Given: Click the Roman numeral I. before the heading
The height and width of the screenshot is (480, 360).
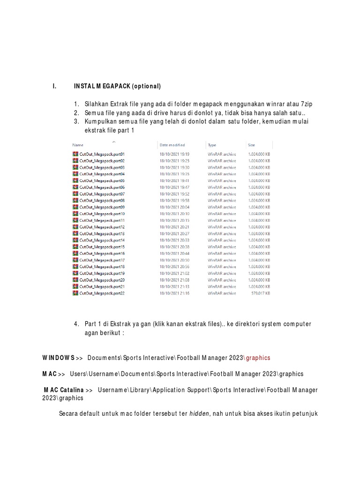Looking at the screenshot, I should point(54,86).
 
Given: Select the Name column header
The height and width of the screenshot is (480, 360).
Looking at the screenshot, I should point(78,145).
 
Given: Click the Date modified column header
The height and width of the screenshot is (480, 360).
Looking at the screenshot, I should point(172,145).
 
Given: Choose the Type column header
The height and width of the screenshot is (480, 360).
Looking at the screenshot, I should point(212,145).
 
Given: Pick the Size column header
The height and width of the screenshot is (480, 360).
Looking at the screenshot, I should point(251,145).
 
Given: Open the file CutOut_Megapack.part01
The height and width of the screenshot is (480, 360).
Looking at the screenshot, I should point(102,154).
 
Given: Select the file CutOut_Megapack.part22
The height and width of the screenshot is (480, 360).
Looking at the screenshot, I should point(102,293).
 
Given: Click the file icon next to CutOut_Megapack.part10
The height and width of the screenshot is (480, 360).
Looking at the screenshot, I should point(75,214).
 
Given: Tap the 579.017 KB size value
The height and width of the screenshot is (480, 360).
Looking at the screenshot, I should point(259,293).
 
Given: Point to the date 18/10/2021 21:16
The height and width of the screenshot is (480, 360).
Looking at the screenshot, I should point(174,293).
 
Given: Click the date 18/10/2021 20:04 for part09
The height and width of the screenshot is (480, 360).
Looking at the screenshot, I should point(174,207).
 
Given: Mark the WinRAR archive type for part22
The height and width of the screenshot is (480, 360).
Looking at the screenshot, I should point(222,293).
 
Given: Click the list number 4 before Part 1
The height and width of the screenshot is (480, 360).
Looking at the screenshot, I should point(76,324).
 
